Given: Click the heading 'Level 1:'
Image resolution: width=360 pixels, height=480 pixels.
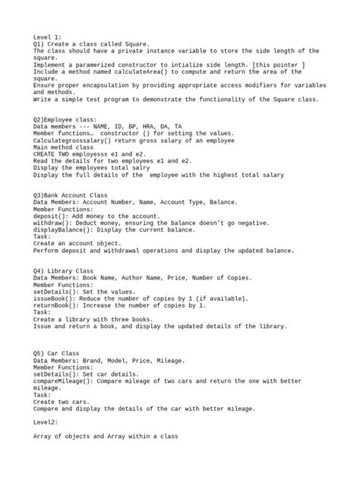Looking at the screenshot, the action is [48, 36].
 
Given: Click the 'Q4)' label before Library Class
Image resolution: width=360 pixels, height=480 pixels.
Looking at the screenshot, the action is [40, 270].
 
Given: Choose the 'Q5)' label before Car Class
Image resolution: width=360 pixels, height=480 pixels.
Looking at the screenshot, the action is [40, 353].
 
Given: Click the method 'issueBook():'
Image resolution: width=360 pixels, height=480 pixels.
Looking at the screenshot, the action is [58, 298].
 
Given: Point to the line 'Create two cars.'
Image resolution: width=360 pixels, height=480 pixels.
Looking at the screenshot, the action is [62, 401].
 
